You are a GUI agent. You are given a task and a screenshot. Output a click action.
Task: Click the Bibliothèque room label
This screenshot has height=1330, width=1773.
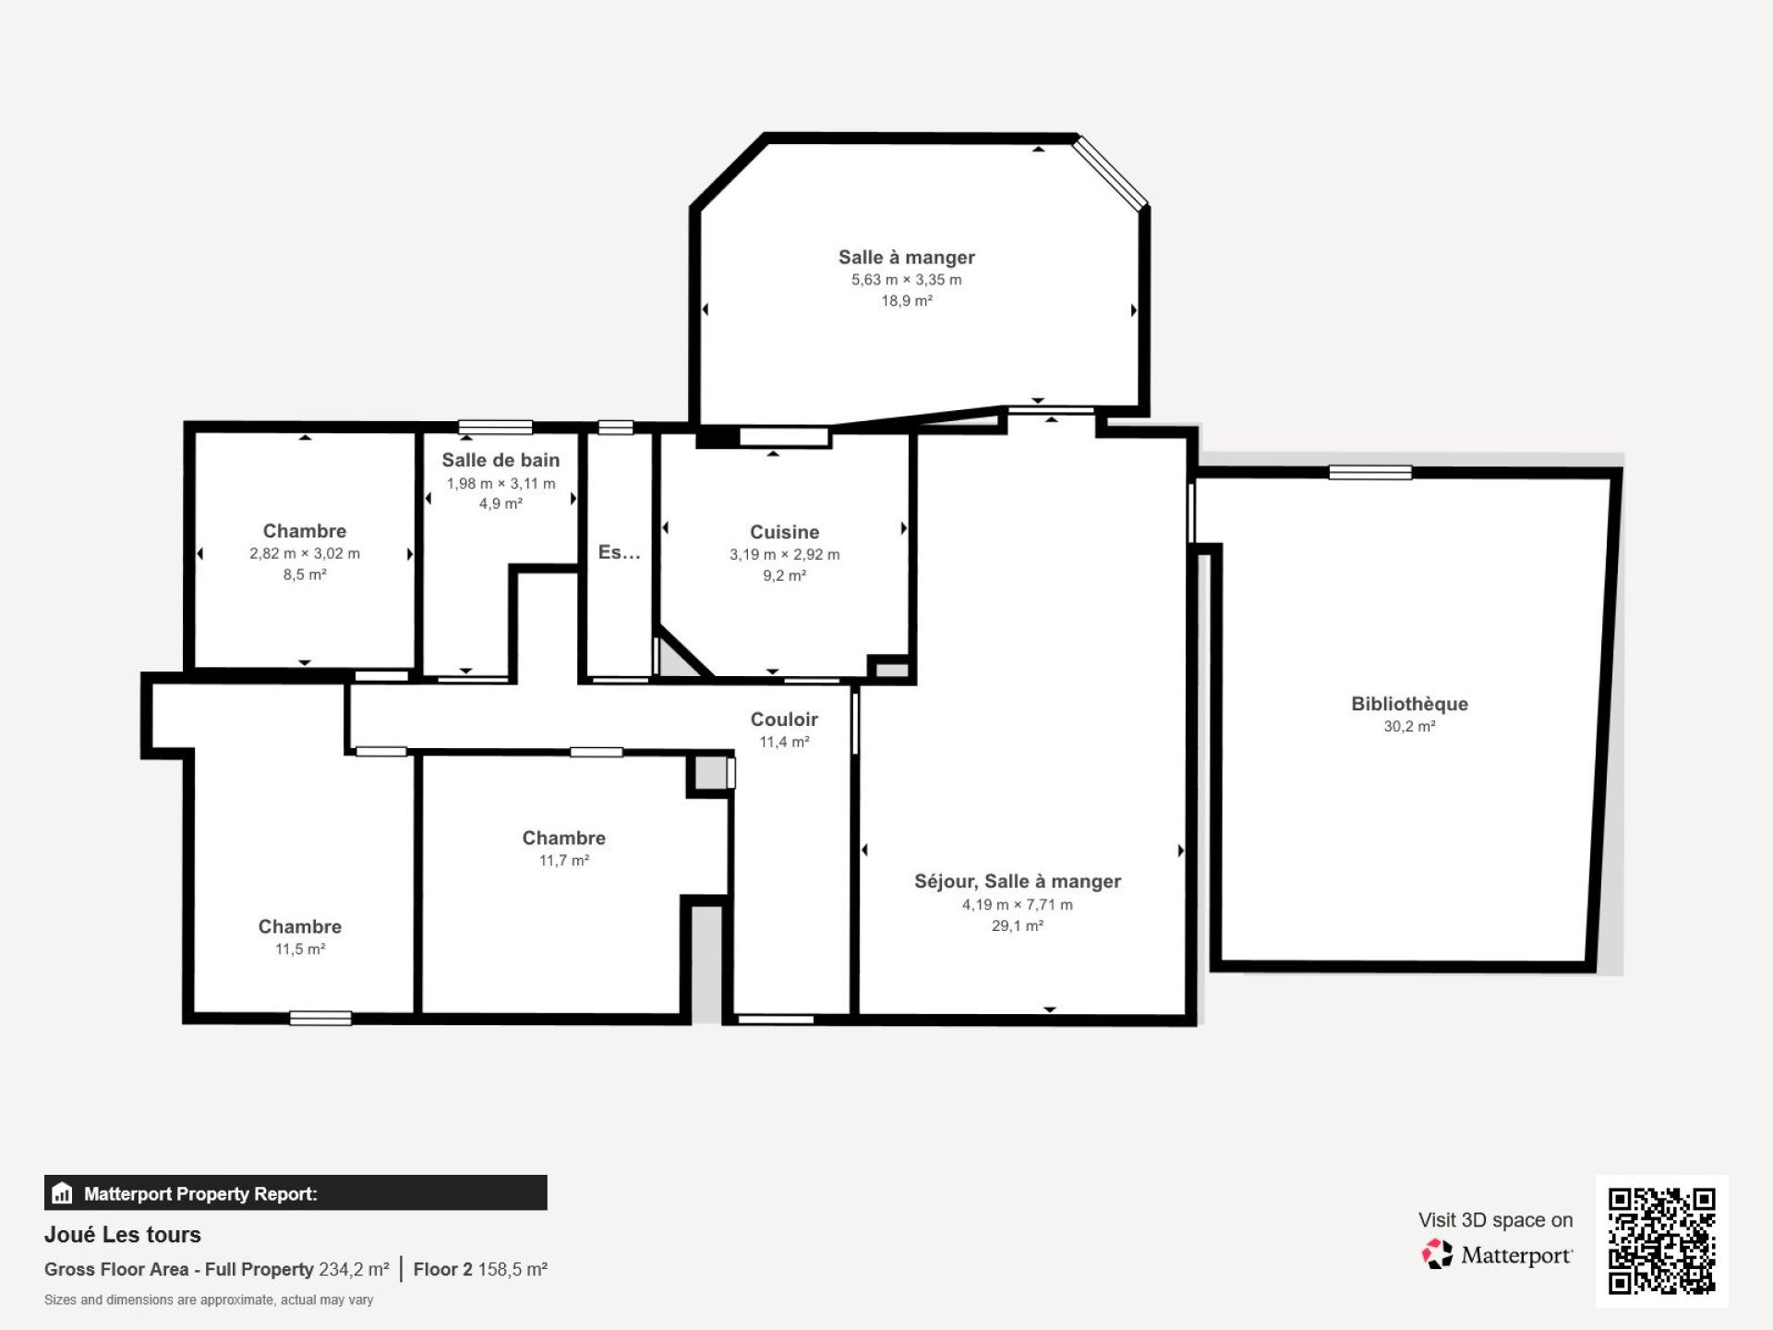pos(1409,704)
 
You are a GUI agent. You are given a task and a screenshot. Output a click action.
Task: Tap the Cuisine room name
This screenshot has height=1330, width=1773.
pos(784,532)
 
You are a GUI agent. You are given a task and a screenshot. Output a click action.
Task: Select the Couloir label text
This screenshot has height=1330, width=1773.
pos(784,719)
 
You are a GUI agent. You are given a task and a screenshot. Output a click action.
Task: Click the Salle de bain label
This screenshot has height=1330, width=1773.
pos(501,460)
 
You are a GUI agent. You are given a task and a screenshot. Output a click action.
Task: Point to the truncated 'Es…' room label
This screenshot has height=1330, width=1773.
pos(619,552)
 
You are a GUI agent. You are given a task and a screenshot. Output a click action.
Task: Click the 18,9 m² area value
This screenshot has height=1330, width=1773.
pos(907,300)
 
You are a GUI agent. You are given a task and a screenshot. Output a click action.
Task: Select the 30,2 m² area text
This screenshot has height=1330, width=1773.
pos(1409,726)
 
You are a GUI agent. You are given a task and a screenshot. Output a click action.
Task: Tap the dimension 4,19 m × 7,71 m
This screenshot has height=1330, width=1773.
pos(1018,904)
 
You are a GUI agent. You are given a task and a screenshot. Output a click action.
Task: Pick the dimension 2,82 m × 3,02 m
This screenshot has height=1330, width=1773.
pos(305,553)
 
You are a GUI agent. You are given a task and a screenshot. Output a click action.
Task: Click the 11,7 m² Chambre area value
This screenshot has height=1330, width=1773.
pos(564,860)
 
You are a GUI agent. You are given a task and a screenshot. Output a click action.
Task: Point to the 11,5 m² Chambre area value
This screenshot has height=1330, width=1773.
pos(300,949)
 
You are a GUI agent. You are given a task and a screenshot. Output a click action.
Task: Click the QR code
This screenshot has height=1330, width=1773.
pos(1662,1241)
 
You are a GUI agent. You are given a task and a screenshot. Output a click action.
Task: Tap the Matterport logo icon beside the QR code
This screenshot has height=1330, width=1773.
pos(1437,1254)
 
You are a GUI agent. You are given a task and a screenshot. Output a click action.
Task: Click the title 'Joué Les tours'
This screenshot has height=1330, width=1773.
pos(123,1235)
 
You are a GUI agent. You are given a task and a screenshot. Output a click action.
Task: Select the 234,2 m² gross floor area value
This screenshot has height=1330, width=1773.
pos(354,1270)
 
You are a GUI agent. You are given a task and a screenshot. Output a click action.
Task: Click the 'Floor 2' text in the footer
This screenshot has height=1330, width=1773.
pos(442,1270)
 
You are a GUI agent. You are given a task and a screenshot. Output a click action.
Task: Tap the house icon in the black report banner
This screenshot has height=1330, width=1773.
pos(62,1192)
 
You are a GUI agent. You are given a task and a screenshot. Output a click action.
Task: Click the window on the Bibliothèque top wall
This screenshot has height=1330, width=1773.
pos(1370,473)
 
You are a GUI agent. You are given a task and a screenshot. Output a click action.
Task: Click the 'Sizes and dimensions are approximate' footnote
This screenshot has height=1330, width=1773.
pos(209,1300)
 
